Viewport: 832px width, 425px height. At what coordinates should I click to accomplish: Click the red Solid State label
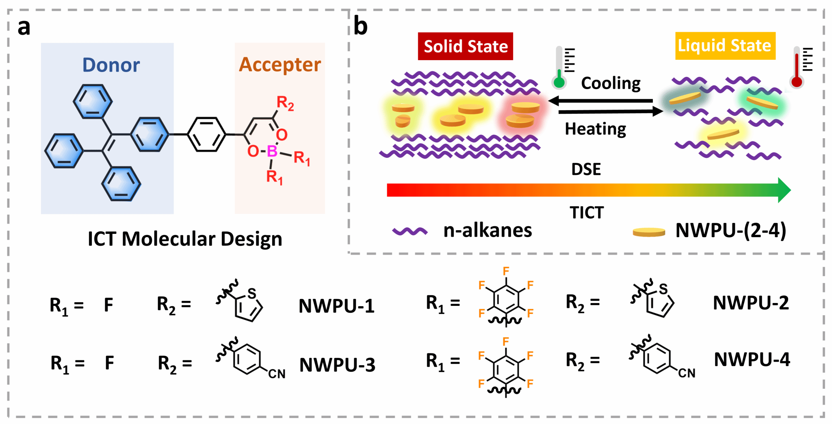466,46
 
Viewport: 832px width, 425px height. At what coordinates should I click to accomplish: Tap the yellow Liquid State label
725,46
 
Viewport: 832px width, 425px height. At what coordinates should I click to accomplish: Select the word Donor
111,65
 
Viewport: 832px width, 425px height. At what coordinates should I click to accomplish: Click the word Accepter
280,65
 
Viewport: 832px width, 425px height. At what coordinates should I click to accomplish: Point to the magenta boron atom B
272,151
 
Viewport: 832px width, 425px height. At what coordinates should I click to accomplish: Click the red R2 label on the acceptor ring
285,103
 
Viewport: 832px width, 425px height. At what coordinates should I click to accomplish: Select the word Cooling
611,84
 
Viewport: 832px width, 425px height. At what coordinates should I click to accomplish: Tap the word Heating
596,129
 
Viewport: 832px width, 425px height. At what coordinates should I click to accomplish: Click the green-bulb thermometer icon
563,67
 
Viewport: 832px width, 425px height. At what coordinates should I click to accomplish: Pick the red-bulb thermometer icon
800,67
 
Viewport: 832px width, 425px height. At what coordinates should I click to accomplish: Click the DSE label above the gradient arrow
586,169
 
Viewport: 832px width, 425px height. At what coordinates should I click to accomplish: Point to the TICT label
587,213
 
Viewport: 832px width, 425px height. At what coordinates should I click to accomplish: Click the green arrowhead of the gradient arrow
784,190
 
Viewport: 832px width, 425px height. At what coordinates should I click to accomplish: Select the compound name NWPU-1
336,306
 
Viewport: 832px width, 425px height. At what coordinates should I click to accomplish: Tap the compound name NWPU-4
752,360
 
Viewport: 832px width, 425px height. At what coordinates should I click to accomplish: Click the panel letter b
360,26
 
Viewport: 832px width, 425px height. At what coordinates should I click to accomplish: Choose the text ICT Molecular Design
185,239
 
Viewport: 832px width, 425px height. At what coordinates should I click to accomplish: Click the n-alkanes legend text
487,231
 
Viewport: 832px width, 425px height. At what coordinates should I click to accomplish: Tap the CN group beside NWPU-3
277,374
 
